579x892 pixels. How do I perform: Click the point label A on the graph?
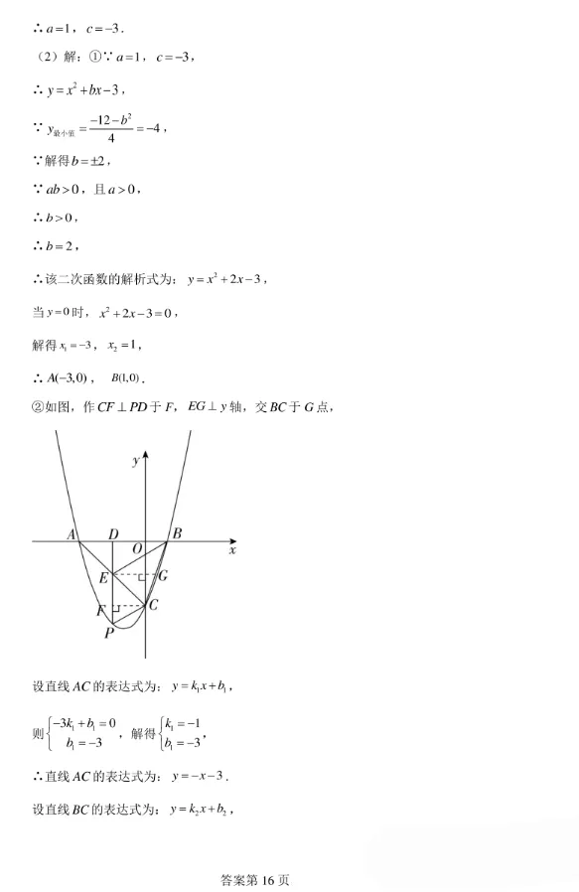(x=72, y=534)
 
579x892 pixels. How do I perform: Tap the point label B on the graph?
(x=177, y=533)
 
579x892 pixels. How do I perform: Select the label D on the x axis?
(x=114, y=534)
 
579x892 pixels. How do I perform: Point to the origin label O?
(x=137, y=547)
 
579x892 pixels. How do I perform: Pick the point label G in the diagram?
(x=162, y=575)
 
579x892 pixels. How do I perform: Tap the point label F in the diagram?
(x=100, y=609)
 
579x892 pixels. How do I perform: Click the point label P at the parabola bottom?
(x=109, y=632)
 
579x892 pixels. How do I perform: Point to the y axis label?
(x=134, y=461)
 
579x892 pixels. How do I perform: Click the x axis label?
(x=232, y=549)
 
